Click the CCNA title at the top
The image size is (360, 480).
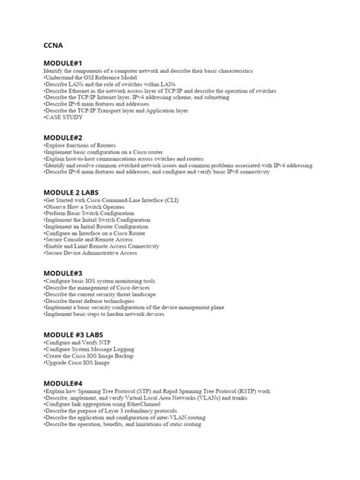click(x=54, y=45)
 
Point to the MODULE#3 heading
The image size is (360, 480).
click(x=63, y=272)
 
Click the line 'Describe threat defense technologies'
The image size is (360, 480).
click(x=92, y=301)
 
